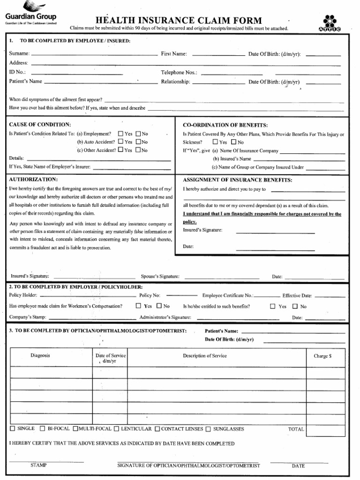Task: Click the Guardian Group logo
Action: click(x=30, y=14)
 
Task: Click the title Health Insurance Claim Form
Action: click(x=179, y=20)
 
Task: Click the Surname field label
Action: click(x=19, y=54)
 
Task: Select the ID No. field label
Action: click(x=17, y=72)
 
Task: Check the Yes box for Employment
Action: click(x=121, y=134)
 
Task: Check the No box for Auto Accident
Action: click(x=138, y=142)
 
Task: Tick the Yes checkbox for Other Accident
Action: click(x=121, y=150)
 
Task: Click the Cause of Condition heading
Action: click(x=40, y=125)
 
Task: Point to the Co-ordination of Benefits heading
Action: click(x=225, y=125)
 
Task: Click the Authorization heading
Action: click(x=33, y=180)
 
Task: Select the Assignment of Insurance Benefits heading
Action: click(x=237, y=180)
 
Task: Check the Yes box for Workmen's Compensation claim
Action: click(x=138, y=306)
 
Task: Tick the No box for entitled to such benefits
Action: click(x=295, y=307)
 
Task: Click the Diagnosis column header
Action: click(x=40, y=356)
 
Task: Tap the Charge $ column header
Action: click(x=322, y=356)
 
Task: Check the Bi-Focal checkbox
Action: click(x=43, y=428)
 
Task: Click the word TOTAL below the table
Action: click(x=296, y=429)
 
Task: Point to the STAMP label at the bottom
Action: click(x=38, y=466)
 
